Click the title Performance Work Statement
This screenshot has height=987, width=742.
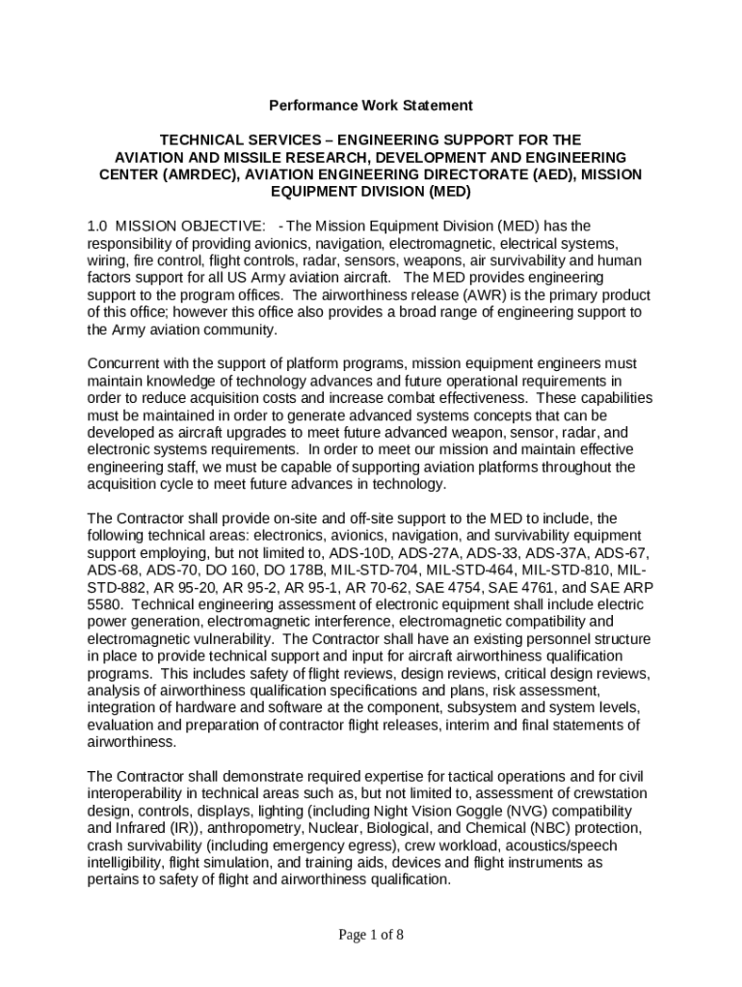click(370, 104)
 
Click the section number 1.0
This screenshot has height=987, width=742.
click(97, 226)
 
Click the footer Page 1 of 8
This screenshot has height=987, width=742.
click(371, 933)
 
